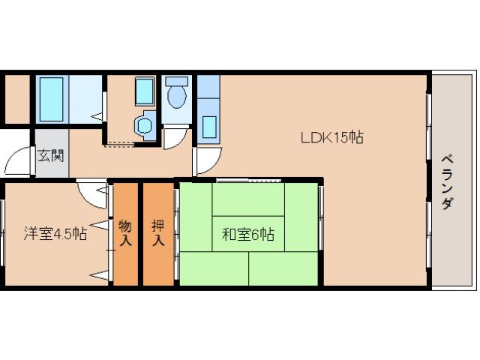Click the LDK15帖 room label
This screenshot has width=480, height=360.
coord(332,137)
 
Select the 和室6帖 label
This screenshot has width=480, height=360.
coord(247,234)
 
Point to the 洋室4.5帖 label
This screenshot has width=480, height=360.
coord(55,233)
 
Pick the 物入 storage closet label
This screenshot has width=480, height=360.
coord(125,232)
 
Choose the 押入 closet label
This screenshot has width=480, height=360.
coord(158,232)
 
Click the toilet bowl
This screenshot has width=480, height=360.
coord(177,97)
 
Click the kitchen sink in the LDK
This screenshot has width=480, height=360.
coord(208,124)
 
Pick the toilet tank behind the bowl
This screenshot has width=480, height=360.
coord(177,81)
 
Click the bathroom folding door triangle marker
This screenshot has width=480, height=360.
coord(97,115)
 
